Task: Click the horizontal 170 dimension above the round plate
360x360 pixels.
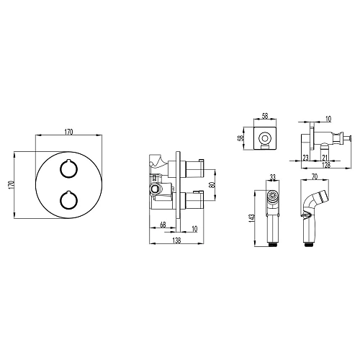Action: click(68, 132)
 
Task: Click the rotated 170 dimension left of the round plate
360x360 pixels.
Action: click(11, 185)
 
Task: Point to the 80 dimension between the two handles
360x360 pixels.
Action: click(212, 184)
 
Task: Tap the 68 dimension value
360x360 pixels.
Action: click(163, 225)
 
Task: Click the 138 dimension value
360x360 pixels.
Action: click(176, 240)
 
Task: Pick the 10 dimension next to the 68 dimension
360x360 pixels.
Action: click(194, 229)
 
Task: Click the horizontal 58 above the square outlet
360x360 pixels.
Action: click(265, 116)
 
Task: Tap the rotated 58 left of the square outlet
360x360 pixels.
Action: click(241, 138)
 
